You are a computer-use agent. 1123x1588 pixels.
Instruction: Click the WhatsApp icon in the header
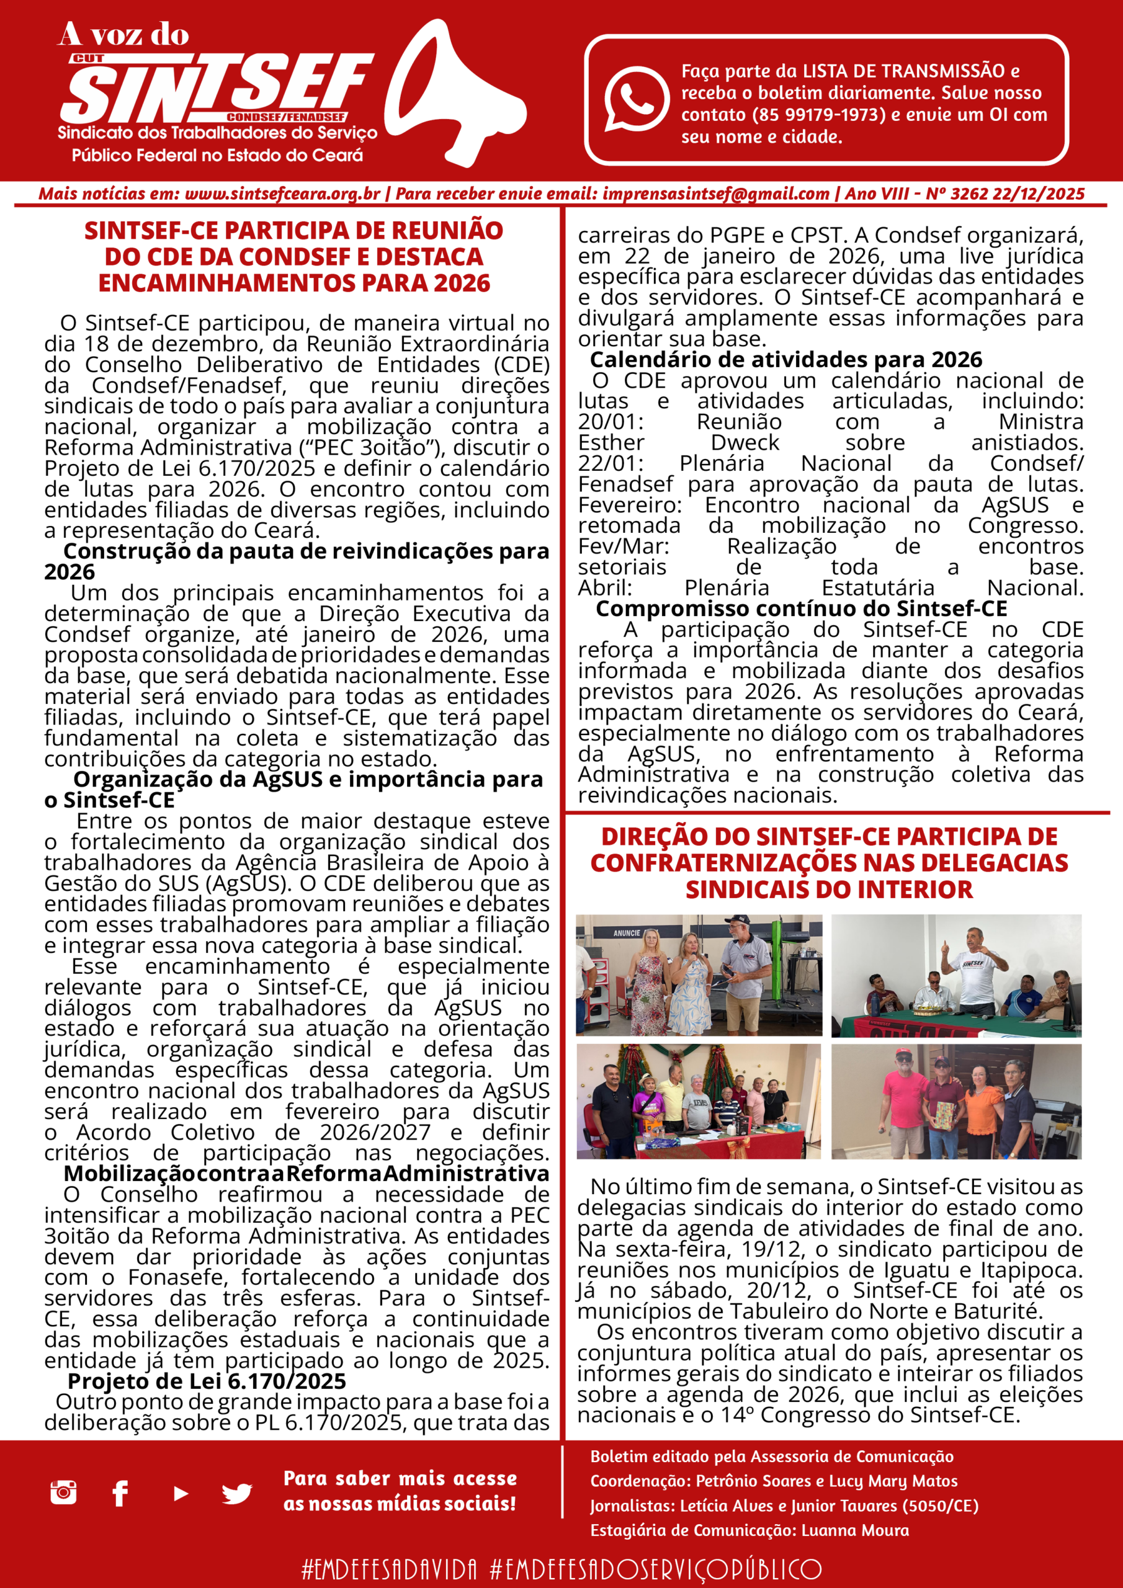pyautogui.click(x=637, y=98)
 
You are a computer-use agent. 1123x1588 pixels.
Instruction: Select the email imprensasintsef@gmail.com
pyautogui.click(x=715, y=194)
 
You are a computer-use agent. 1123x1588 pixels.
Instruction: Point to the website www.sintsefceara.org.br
pyautogui.click(x=282, y=194)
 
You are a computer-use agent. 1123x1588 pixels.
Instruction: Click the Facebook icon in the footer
pyautogui.click(x=120, y=1493)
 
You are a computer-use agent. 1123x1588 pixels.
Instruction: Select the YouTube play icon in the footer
pyautogui.click(x=181, y=1494)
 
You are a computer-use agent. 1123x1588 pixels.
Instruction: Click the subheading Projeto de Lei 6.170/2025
pyautogui.click(x=207, y=1381)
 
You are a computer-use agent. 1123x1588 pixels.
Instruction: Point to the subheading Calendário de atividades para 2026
pyautogui.click(x=785, y=360)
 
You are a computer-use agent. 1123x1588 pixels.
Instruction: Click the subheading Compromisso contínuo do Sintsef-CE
pyautogui.click(x=801, y=609)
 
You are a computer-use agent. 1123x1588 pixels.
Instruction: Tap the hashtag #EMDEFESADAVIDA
pyautogui.click(x=390, y=1569)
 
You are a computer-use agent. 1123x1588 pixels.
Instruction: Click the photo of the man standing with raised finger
pyautogui.click(x=956, y=976)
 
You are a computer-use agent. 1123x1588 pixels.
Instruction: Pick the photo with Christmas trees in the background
pyautogui.click(x=699, y=1101)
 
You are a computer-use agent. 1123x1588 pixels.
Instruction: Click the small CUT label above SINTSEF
pyautogui.click(x=87, y=59)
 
